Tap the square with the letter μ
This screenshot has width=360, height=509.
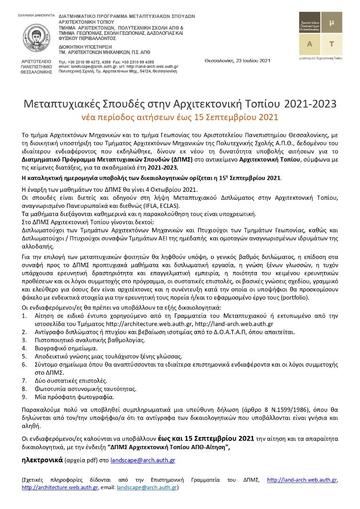click(x=331, y=22)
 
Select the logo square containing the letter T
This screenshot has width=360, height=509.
click(x=331, y=44)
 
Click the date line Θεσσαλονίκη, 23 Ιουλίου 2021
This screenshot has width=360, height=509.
click(x=237, y=60)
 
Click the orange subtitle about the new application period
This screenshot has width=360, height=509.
click(x=180, y=116)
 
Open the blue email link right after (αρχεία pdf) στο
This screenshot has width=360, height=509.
click(x=146, y=460)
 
